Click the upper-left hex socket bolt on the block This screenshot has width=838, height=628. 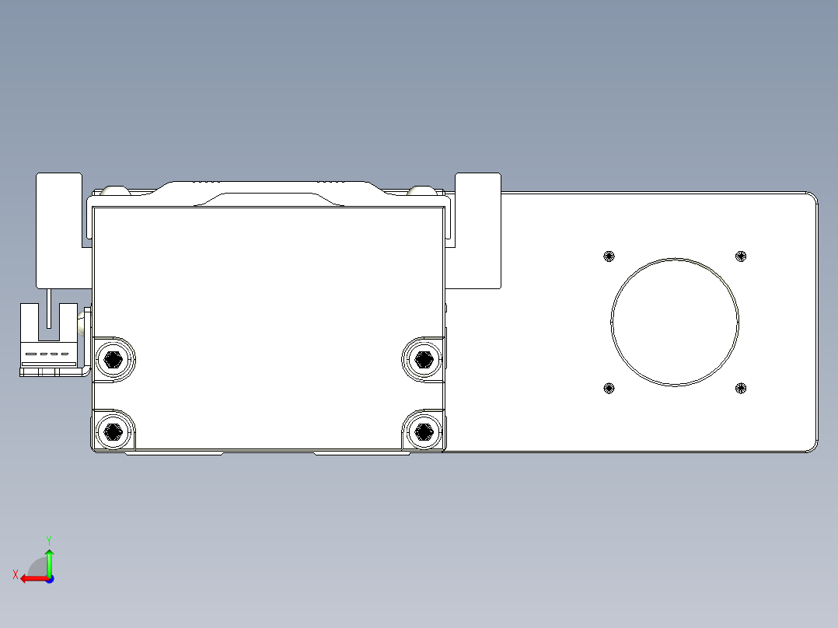point(113,358)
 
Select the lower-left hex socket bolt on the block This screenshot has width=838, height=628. point(113,431)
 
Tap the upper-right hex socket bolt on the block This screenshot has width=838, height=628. point(423,358)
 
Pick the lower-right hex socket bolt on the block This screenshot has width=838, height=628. point(423,431)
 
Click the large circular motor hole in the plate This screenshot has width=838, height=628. point(675,322)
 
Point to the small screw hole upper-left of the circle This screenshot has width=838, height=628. point(609,256)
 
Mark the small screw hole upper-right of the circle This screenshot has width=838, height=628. point(741,256)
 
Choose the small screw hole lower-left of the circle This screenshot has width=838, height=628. point(609,388)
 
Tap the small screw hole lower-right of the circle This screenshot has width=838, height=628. point(741,388)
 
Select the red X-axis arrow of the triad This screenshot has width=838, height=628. point(31,578)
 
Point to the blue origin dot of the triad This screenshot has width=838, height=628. point(49,579)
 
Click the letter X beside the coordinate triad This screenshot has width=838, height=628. point(15,574)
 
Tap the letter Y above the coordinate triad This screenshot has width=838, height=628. point(49,539)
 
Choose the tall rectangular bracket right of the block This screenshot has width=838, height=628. point(478,229)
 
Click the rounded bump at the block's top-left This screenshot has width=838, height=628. point(116,190)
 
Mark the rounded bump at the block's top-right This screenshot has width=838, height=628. point(421,190)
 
